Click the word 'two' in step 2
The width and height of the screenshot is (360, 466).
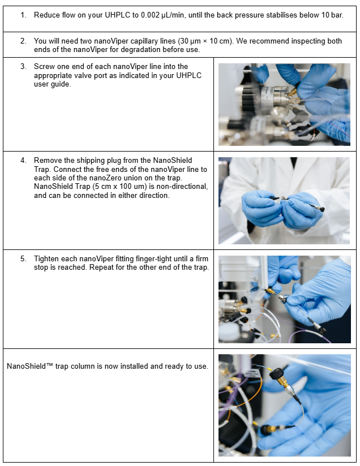(x=86, y=41)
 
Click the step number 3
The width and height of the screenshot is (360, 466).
(x=23, y=67)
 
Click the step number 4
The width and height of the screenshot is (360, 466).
(x=23, y=161)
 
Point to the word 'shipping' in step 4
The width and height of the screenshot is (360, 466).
(x=90, y=161)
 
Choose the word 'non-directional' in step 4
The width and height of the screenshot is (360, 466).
(x=182, y=187)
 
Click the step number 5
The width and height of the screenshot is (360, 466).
(x=23, y=259)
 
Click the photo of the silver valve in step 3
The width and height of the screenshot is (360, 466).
(x=284, y=105)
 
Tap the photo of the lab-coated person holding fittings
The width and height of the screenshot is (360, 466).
(x=284, y=201)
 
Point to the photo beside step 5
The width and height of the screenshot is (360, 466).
(x=284, y=300)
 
